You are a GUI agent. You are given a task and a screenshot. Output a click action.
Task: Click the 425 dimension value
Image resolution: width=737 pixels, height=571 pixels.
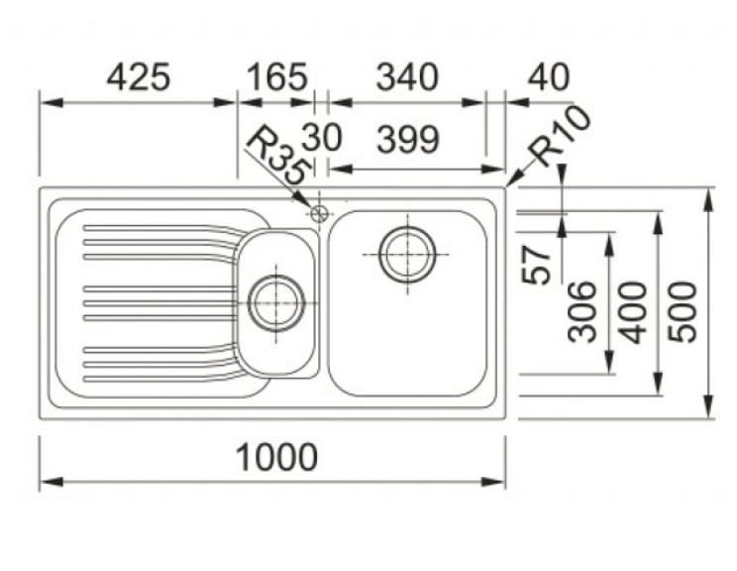[x=139, y=77]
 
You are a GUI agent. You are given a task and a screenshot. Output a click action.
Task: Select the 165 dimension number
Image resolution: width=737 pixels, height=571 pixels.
[x=277, y=77]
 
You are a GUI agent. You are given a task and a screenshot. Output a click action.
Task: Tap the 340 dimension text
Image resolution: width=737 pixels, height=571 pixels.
[x=407, y=77]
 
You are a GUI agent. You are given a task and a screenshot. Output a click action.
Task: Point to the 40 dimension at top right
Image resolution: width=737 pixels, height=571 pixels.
[x=549, y=77]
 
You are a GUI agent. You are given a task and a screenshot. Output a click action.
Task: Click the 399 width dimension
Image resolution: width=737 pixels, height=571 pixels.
[x=408, y=140]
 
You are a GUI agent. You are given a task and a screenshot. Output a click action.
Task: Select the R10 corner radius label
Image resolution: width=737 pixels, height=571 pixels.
[x=560, y=136]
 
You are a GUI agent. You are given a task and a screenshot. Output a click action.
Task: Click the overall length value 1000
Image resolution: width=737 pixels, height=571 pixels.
[x=276, y=457]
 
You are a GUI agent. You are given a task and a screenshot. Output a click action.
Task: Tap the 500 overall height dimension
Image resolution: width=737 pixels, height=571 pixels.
[x=683, y=312]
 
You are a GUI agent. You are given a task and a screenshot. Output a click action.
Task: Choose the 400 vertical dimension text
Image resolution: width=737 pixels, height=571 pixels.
[x=633, y=312]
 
